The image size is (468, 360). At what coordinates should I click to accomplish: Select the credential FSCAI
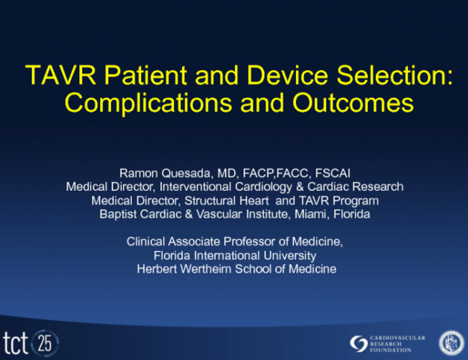tap(332, 173)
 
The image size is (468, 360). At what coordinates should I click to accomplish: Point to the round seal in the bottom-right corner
tap(452, 342)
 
